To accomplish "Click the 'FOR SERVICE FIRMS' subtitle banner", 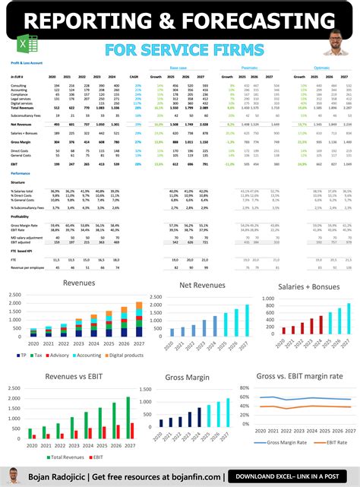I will tap(180, 49).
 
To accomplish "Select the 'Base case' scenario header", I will tap(179, 68).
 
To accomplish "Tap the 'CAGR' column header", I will tap(134, 77).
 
